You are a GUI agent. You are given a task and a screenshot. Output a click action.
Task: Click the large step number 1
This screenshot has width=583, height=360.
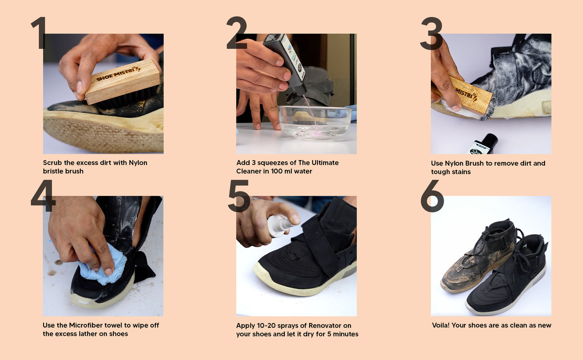click(40, 33)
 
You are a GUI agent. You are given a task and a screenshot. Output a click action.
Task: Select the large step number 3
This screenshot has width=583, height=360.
click(432, 33)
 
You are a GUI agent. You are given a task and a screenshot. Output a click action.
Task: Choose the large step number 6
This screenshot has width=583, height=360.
click(432, 196)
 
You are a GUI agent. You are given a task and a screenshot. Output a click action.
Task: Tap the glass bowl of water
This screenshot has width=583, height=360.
click(315, 122)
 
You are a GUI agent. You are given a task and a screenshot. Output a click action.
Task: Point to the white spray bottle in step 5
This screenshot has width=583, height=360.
click(280, 225)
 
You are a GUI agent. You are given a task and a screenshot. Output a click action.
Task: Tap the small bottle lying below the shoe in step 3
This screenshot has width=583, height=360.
click(483, 144)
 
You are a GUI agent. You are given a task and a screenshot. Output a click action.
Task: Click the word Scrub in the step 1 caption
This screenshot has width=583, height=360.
click(52, 162)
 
